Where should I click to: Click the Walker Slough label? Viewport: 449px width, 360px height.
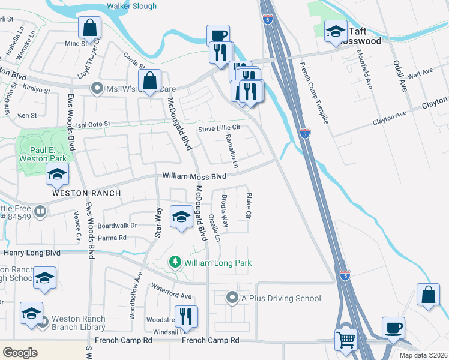(x=131, y=7)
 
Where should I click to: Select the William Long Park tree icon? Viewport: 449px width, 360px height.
(x=175, y=262)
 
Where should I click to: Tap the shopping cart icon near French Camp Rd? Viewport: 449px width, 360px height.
(x=346, y=340)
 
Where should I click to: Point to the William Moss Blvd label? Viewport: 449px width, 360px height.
(x=194, y=176)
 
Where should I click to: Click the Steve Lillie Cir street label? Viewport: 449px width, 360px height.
(x=219, y=128)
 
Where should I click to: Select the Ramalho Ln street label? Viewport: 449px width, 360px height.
(x=232, y=151)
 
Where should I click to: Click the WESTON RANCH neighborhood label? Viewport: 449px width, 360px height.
(x=86, y=193)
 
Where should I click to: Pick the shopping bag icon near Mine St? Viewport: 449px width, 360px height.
(x=89, y=27)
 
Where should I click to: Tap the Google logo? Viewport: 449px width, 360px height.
(x=20, y=353)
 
